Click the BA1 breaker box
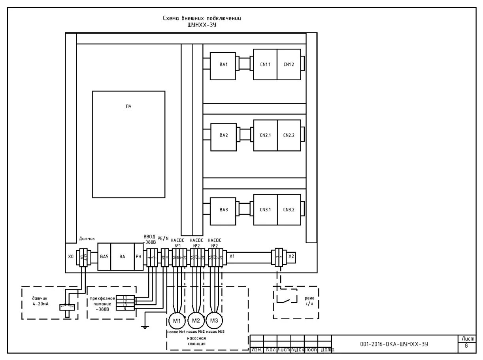(223, 64)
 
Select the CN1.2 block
(289, 64)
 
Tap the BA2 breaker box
(223, 135)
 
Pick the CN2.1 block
(265, 135)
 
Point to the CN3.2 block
(289, 210)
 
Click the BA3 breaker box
(223, 210)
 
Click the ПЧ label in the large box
(128, 106)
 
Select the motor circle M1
(177, 320)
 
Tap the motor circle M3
(213, 320)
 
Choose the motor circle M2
(195, 320)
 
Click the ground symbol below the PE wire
(145, 326)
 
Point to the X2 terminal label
(291, 256)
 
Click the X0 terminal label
(71, 257)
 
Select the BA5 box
(104, 257)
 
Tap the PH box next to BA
(138, 257)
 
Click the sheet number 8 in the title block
(466, 346)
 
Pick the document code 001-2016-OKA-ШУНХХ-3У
(394, 344)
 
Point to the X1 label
(232, 256)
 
